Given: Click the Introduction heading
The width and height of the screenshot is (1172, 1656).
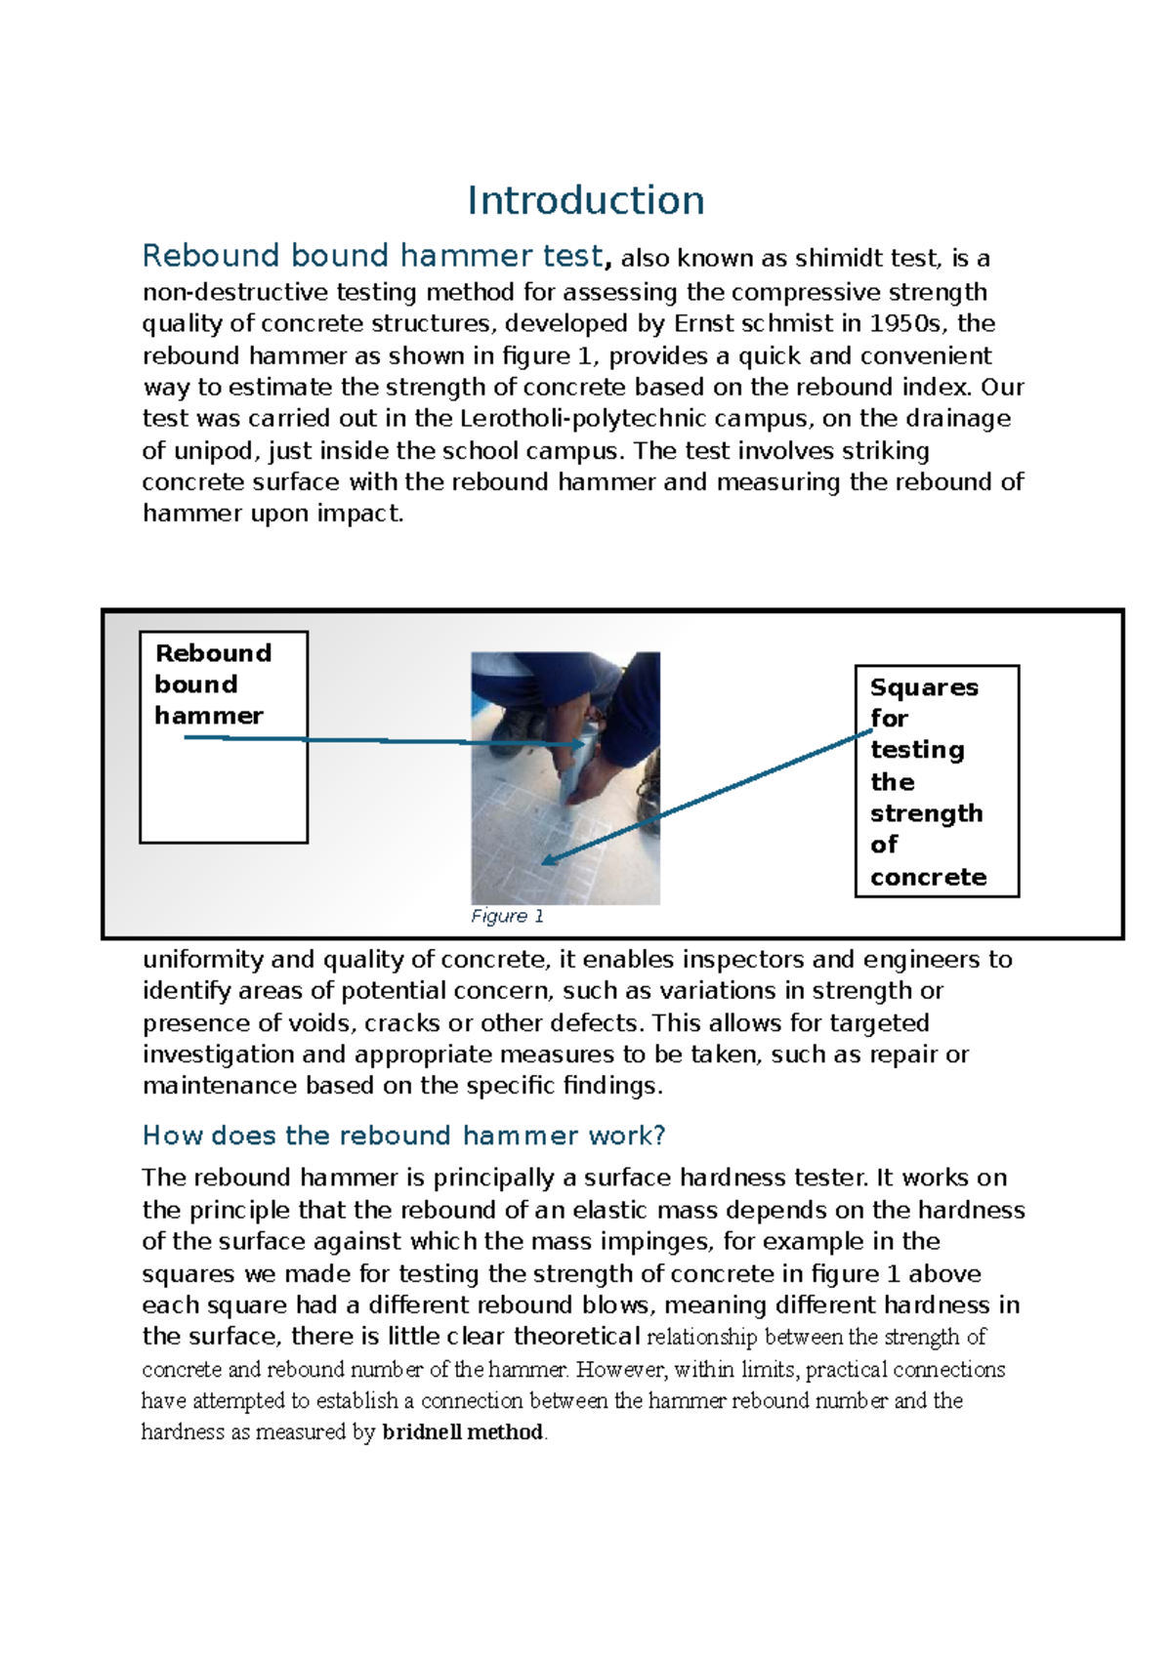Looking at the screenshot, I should point(585,201).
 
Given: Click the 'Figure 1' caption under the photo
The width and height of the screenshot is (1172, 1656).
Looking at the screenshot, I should point(507,916).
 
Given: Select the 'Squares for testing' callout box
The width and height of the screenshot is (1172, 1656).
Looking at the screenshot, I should point(937,781).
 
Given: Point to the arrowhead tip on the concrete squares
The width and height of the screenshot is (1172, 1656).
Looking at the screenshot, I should point(544,863).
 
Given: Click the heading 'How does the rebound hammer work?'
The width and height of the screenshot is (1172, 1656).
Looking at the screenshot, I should point(403,1136).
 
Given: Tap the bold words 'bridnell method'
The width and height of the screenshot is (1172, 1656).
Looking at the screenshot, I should point(462,1432).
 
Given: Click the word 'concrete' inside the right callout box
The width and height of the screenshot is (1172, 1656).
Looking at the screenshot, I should point(928,877).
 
